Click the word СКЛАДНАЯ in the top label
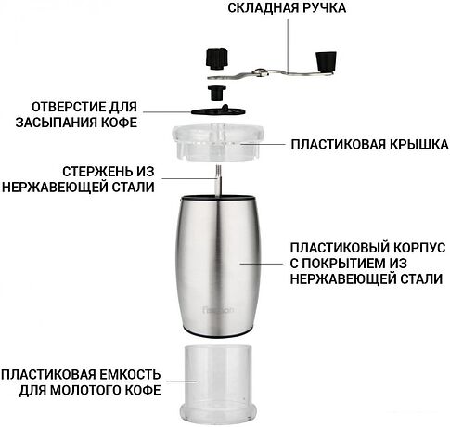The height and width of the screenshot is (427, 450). click(263, 8)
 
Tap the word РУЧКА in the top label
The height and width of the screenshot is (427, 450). click(324, 8)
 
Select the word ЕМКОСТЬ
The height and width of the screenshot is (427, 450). click(130, 375)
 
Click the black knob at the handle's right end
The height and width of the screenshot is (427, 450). click(327, 62)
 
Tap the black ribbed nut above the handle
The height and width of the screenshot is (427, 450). click(217, 58)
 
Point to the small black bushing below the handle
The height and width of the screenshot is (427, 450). click(217, 93)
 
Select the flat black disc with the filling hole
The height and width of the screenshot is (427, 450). click(218, 110)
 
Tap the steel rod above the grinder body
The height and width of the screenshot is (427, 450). click(219, 180)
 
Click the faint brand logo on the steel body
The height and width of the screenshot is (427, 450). click(219, 310)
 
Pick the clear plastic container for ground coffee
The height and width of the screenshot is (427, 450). click(218, 383)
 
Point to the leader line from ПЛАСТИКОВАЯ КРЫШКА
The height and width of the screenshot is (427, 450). click(262, 144)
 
